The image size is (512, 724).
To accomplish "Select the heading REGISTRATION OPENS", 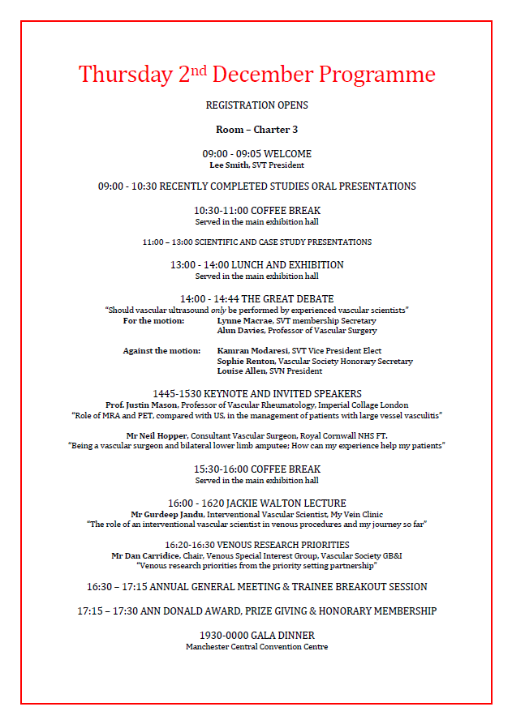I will pos(256,105).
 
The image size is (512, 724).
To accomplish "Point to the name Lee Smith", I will pos(228,165).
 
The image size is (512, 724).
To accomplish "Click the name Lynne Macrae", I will pos(245,321).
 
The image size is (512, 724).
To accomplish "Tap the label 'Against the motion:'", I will pos(161,351).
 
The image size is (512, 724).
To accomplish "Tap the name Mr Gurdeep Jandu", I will pos(166,514).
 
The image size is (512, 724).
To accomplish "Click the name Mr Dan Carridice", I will pos(147,555).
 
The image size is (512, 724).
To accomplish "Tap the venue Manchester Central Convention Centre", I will pos(256,647).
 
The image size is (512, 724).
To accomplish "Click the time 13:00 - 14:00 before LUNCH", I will pos(199,265).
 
